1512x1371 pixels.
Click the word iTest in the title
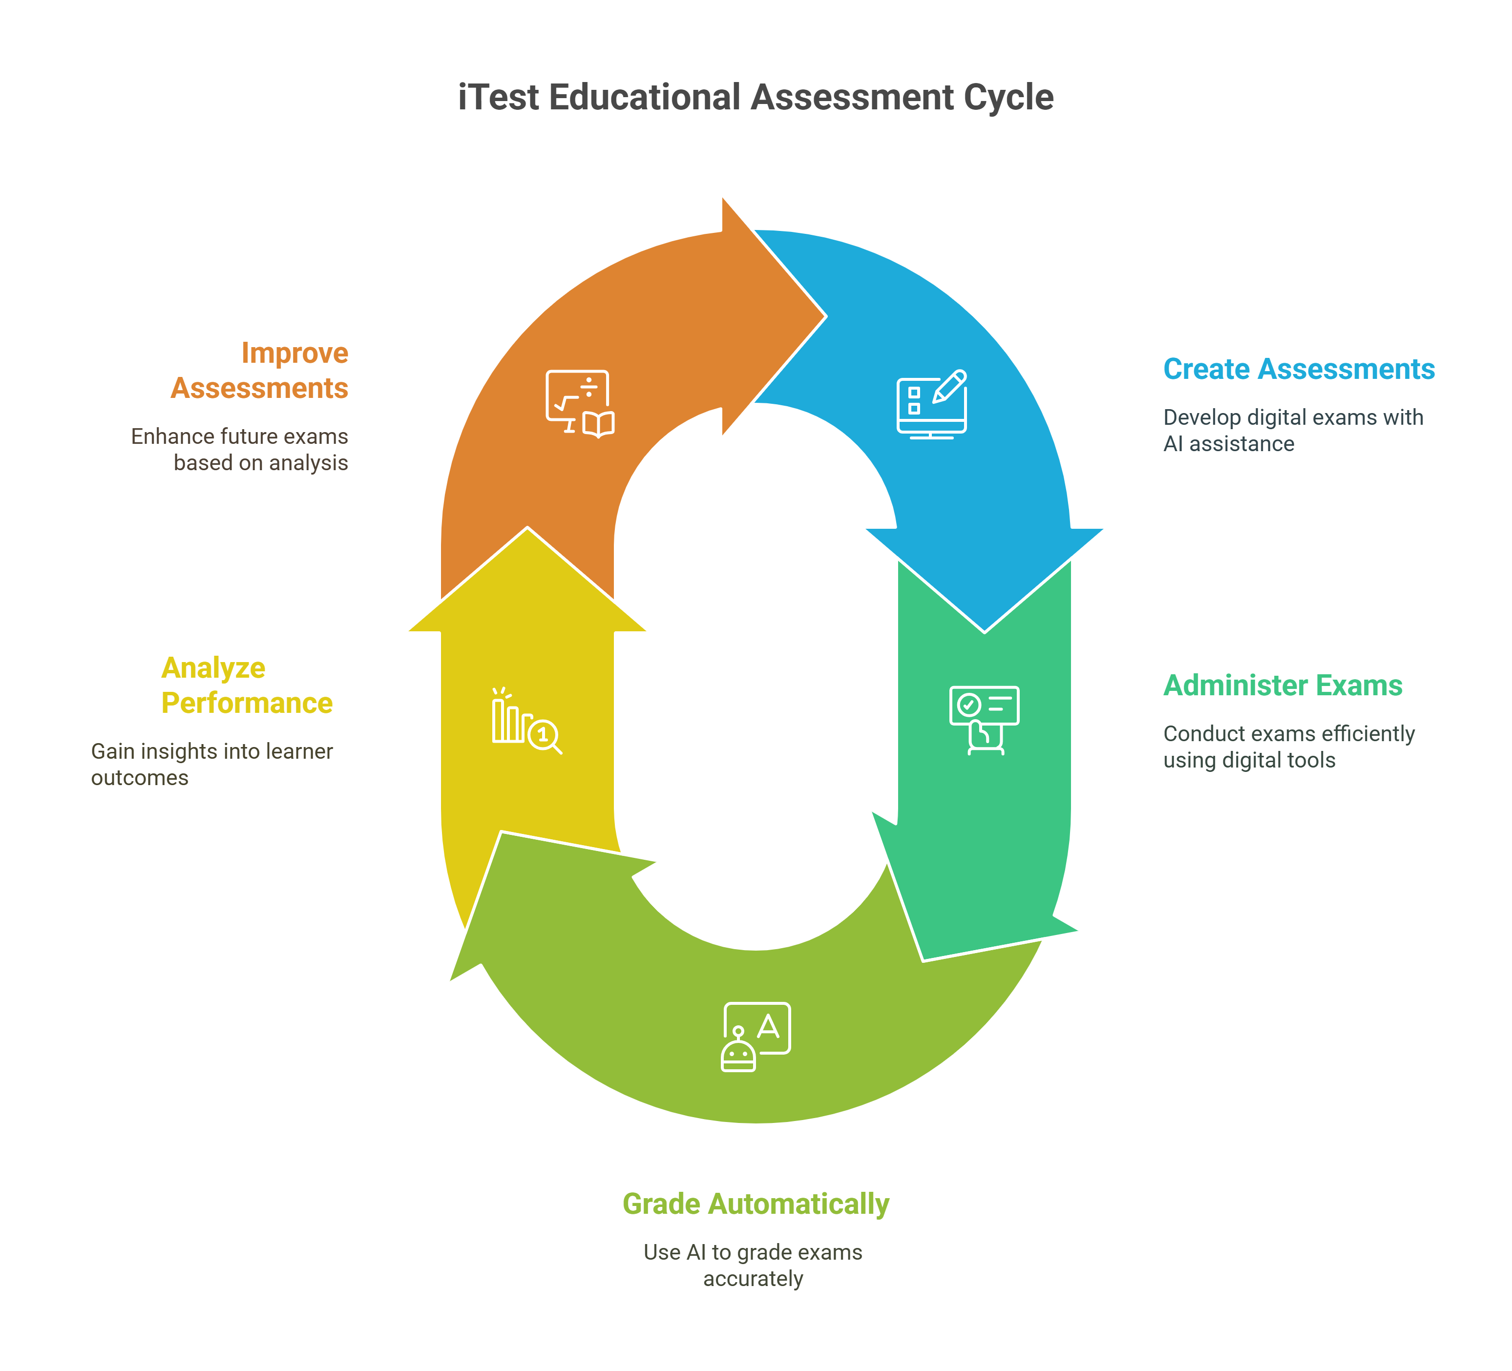click(x=498, y=98)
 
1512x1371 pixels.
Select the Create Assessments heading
click(x=1298, y=369)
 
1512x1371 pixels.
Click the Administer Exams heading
click(x=1282, y=685)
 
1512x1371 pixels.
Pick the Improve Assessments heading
click(x=259, y=371)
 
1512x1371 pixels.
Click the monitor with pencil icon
click(x=931, y=404)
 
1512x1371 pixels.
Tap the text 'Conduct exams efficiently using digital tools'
click(x=1288, y=747)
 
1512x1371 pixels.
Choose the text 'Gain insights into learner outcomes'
click(x=212, y=764)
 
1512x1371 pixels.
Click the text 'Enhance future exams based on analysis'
click(x=240, y=449)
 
